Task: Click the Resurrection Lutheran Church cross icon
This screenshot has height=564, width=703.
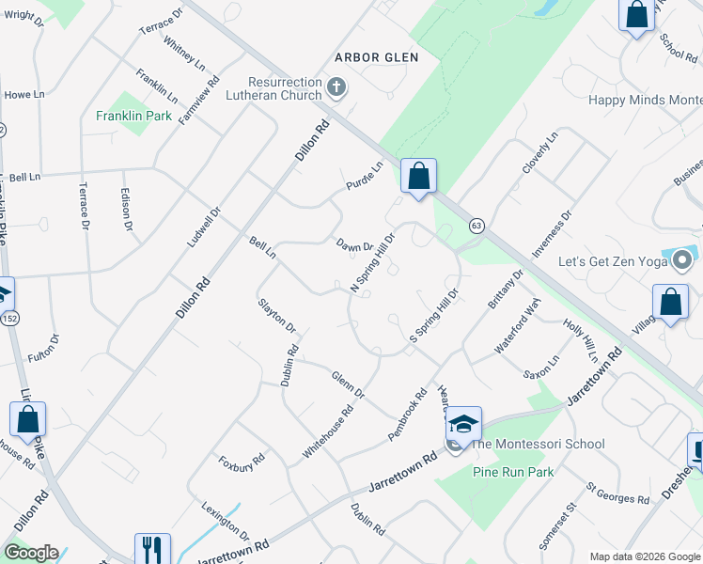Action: (x=337, y=89)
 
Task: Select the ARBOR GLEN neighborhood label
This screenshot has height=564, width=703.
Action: (x=376, y=57)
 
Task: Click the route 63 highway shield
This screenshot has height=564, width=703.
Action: (x=476, y=226)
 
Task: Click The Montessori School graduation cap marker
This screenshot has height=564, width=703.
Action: (x=462, y=424)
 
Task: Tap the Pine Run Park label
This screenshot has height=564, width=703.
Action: (x=513, y=472)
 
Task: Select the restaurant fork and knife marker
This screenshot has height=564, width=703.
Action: (x=152, y=550)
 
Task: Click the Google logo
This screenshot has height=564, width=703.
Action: (x=31, y=553)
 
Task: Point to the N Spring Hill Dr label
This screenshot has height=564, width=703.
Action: (x=372, y=258)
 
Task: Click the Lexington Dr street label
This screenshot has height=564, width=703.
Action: (x=225, y=520)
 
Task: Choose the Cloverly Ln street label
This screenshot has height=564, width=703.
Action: (x=539, y=152)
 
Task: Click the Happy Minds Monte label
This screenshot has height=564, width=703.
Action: (x=645, y=101)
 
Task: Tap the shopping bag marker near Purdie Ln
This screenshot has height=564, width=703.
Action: (x=418, y=176)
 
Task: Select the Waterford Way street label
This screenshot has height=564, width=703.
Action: (x=518, y=325)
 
